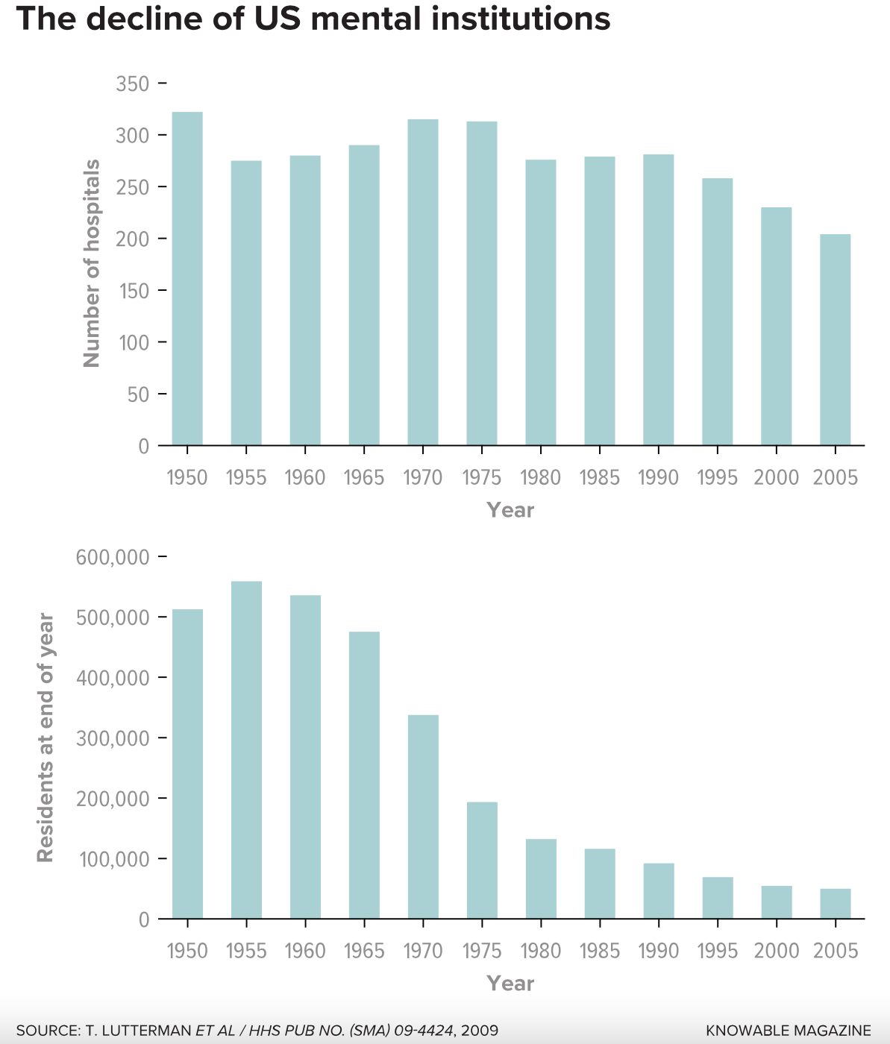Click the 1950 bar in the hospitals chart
pyautogui.click(x=187, y=279)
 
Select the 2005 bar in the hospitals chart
pyautogui.click(x=835, y=340)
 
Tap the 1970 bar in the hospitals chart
pyautogui.click(x=423, y=283)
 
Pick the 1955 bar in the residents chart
pyautogui.click(x=246, y=749)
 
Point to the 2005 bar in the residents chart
pyautogui.click(x=835, y=904)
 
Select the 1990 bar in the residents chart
pyautogui.click(x=659, y=890)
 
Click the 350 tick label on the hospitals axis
pyautogui.click(x=133, y=84)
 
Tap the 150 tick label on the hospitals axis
pyautogui.click(x=133, y=291)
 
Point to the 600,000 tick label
pyautogui.click(x=113, y=557)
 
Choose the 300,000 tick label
pyautogui.click(x=113, y=738)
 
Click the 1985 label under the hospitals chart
pyautogui.click(x=600, y=478)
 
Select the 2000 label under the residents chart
pyautogui.click(x=776, y=952)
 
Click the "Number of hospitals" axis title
pyautogui.click(x=92, y=263)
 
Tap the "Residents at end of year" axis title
pyautogui.click(x=46, y=738)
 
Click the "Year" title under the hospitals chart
pyautogui.click(x=510, y=510)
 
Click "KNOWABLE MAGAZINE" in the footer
pyautogui.click(x=789, y=1031)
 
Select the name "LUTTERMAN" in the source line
pyautogui.click(x=148, y=1031)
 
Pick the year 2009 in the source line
pyautogui.click(x=480, y=1031)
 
